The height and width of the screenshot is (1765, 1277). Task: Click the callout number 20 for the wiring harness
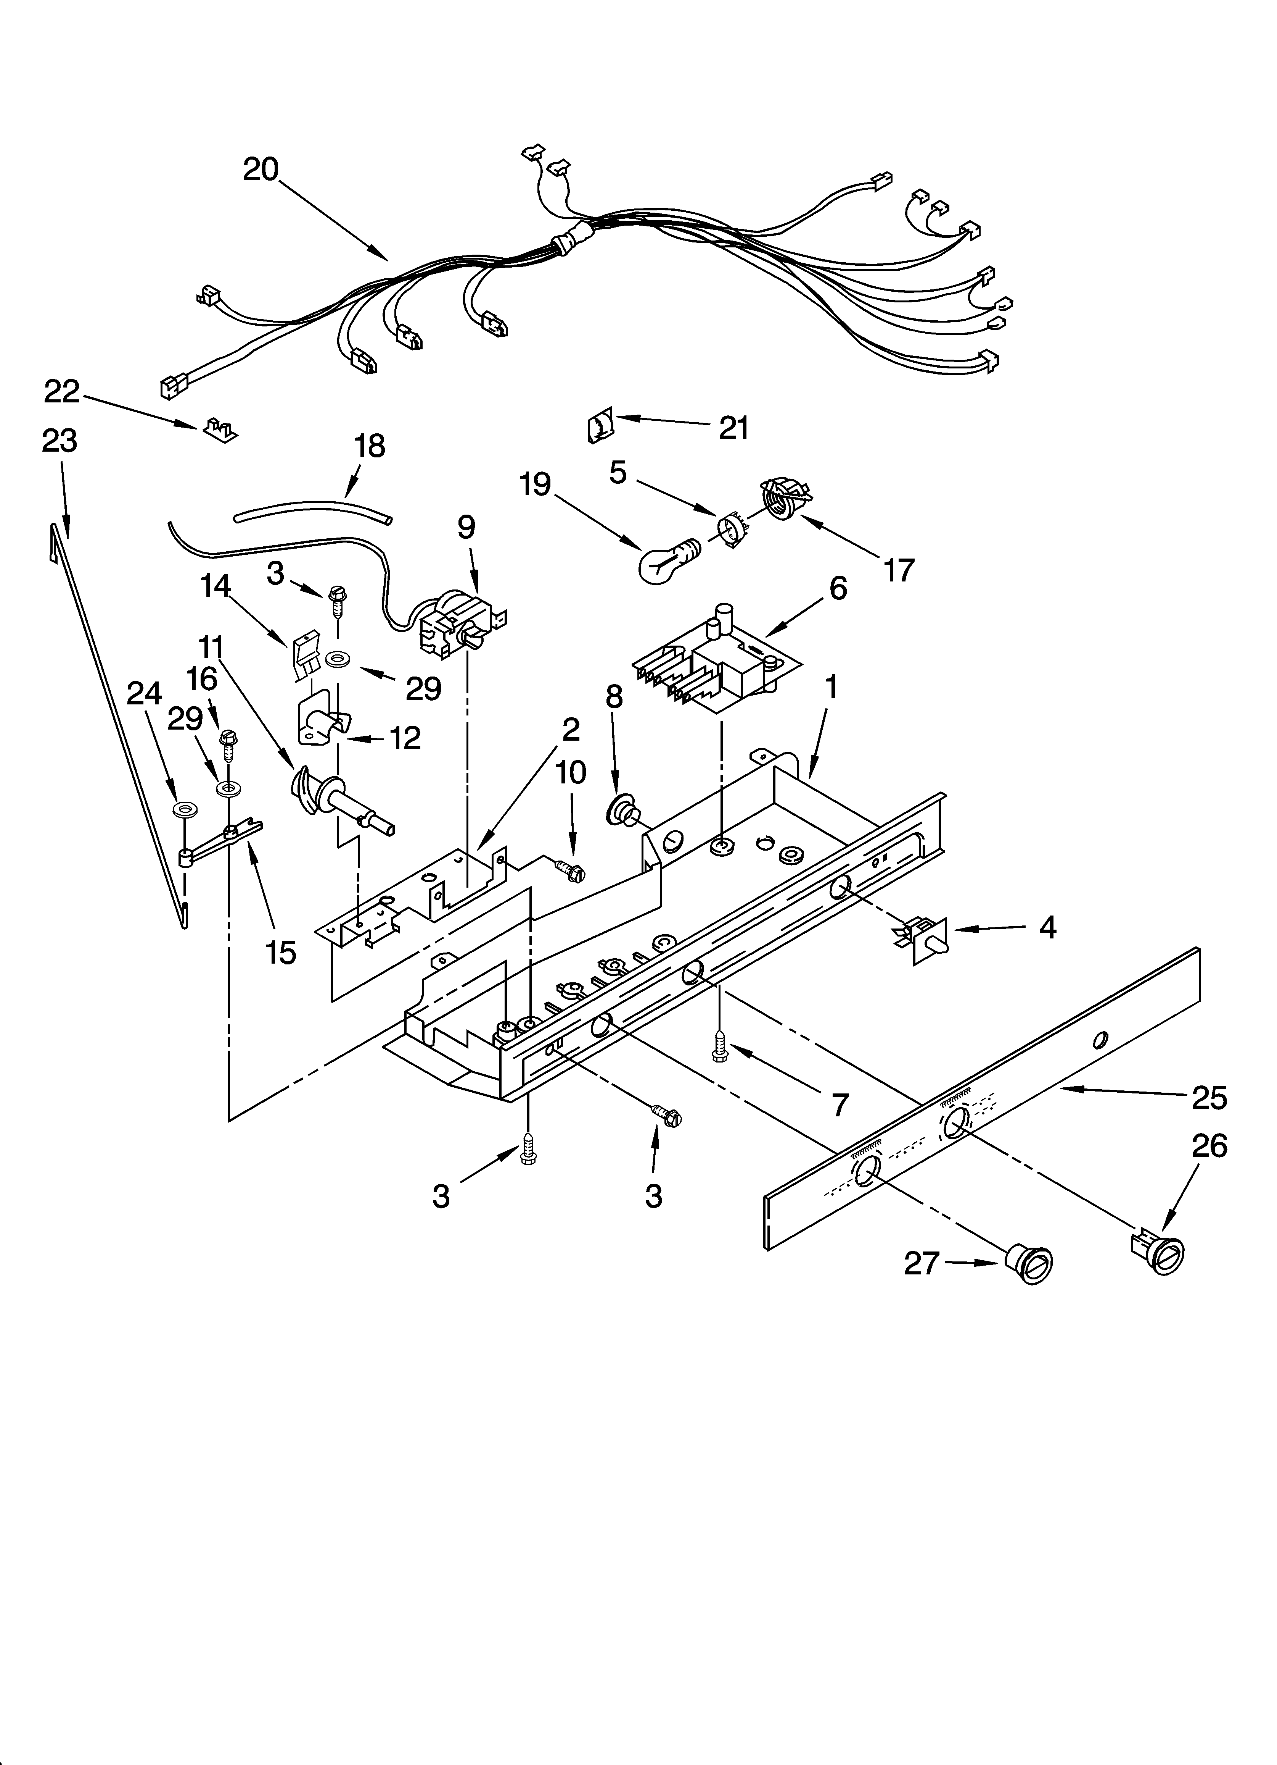coord(261,169)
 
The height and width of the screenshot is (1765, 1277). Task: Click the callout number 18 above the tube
coord(370,446)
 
